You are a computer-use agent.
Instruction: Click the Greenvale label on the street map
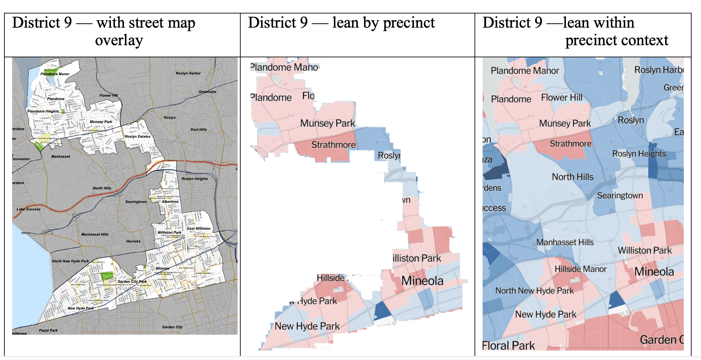click(207, 92)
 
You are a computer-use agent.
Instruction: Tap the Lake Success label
click(29, 209)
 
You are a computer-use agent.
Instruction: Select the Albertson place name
click(170, 202)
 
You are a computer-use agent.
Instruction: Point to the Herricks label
click(133, 241)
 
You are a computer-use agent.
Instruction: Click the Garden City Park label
click(132, 281)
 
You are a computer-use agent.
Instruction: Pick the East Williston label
click(199, 229)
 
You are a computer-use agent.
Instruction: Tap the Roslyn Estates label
click(138, 137)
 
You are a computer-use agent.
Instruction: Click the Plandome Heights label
click(43, 111)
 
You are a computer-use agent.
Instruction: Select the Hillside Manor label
click(580, 269)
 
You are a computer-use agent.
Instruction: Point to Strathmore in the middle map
click(333, 145)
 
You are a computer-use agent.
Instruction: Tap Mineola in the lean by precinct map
click(422, 281)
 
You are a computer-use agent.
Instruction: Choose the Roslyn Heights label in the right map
click(639, 154)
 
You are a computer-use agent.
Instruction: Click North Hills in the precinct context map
click(572, 177)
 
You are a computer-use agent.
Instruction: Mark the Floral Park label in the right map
click(509, 346)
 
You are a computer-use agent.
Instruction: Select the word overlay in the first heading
click(119, 40)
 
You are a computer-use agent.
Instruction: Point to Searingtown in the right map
click(620, 196)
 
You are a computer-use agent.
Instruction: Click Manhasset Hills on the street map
click(95, 235)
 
